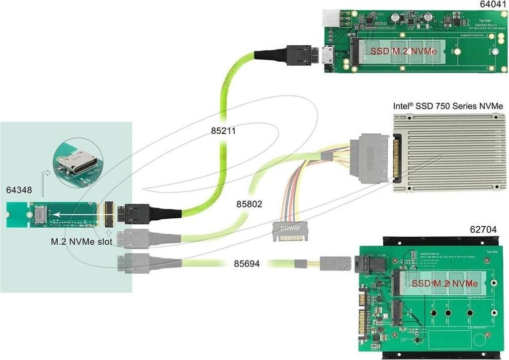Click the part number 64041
tap(490, 4)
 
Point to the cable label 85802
tap(250, 204)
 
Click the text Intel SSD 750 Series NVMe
tap(448, 106)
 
